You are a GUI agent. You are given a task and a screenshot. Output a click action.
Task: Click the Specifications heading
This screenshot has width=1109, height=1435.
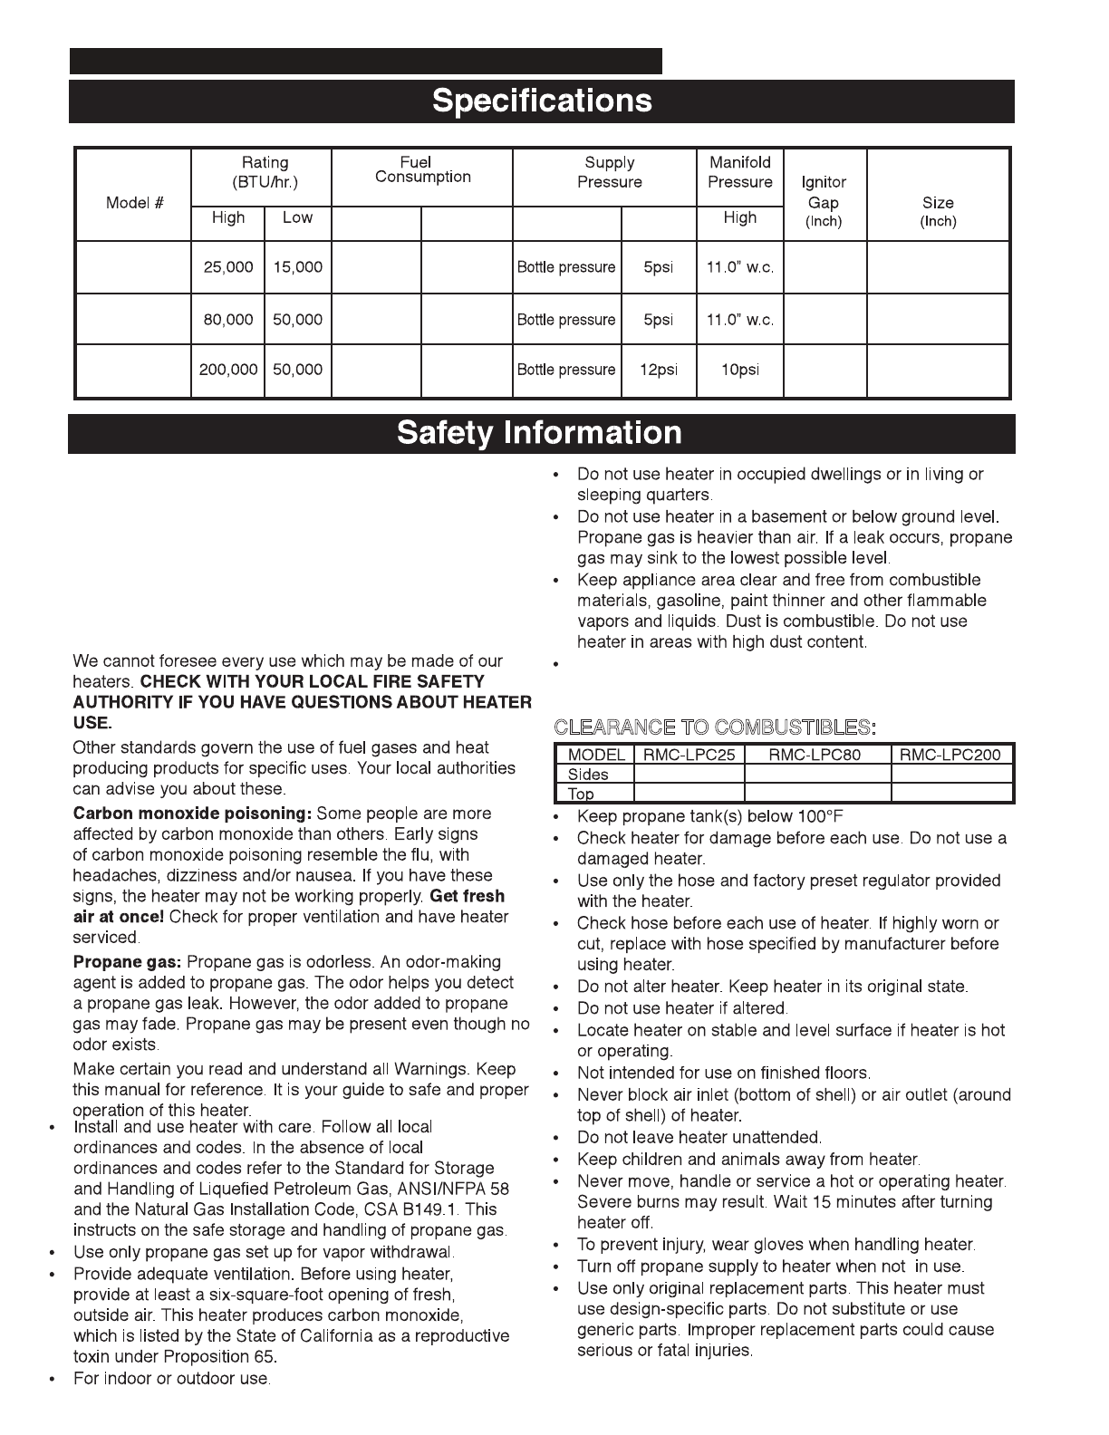click(542, 101)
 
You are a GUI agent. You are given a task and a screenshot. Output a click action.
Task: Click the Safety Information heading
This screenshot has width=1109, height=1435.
click(539, 433)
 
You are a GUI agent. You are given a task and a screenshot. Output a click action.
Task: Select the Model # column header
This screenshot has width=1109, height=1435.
click(134, 203)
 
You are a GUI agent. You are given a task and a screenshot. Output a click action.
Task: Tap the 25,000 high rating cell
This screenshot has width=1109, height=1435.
click(228, 268)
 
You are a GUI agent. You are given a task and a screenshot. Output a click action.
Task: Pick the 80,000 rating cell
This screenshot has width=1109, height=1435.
click(228, 320)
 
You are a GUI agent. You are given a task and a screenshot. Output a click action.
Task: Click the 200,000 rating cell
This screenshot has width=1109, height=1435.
click(228, 371)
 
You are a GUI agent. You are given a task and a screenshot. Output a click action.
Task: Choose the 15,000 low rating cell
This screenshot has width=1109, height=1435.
click(297, 268)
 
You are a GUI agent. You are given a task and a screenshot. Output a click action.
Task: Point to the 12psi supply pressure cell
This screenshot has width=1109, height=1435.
click(659, 371)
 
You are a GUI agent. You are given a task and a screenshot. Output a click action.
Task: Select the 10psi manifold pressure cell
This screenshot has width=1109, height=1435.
click(739, 371)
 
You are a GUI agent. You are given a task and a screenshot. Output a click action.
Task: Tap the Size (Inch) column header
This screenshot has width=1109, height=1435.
click(938, 211)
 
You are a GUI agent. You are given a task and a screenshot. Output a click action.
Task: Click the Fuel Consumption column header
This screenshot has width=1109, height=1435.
click(422, 170)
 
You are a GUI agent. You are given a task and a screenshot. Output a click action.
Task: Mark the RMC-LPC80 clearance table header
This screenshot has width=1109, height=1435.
click(816, 755)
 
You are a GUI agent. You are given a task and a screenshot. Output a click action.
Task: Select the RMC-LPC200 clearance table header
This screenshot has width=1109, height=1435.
click(951, 755)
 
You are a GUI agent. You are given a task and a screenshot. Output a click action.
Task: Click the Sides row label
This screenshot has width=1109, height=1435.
click(588, 775)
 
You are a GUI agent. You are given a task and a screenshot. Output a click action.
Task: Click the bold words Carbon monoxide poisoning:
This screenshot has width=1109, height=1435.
click(192, 814)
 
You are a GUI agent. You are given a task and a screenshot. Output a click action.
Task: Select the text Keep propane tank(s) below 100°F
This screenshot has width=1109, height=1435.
click(709, 816)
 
